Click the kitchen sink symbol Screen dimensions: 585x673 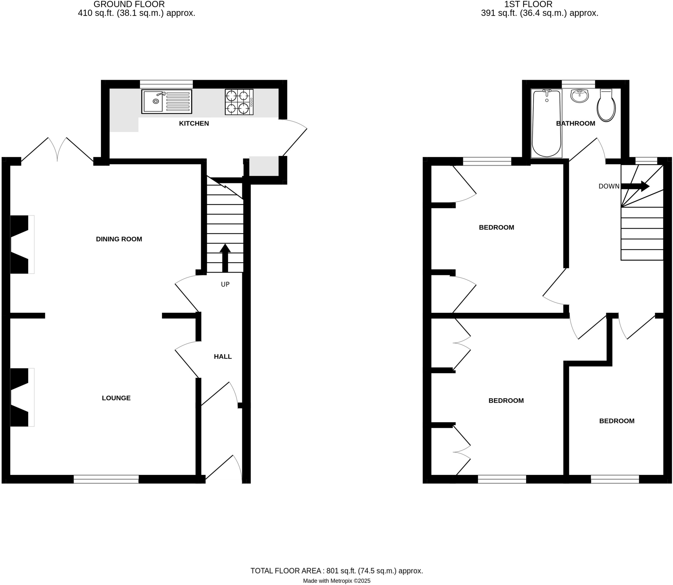[x=167, y=102]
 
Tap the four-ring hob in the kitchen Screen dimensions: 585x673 [x=239, y=102]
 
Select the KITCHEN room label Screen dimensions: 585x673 [x=194, y=123]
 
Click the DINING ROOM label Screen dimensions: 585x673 [x=119, y=239]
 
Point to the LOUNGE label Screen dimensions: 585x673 [x=116, y=398]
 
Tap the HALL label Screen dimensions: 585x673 [x=223, y=356]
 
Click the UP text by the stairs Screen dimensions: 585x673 [x=225, y=284]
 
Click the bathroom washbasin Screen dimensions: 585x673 [x=579, y=96]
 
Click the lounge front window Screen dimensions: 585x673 [x=106, y=479]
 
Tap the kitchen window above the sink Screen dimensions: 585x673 [x=166, y=84]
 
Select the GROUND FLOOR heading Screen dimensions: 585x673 [x=129, y=4]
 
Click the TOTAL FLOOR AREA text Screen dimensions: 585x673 [x=336, y=571]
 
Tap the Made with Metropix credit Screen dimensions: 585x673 [x=336, y=581]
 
